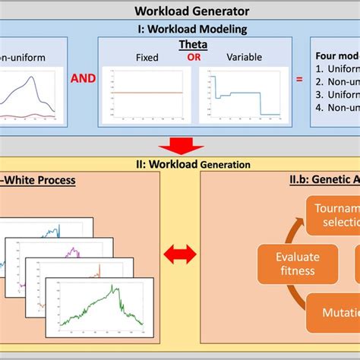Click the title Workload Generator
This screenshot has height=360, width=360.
coord(180,11)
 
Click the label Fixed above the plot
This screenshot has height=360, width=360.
coord(147,58)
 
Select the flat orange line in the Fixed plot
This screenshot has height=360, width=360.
coord(148,93)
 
